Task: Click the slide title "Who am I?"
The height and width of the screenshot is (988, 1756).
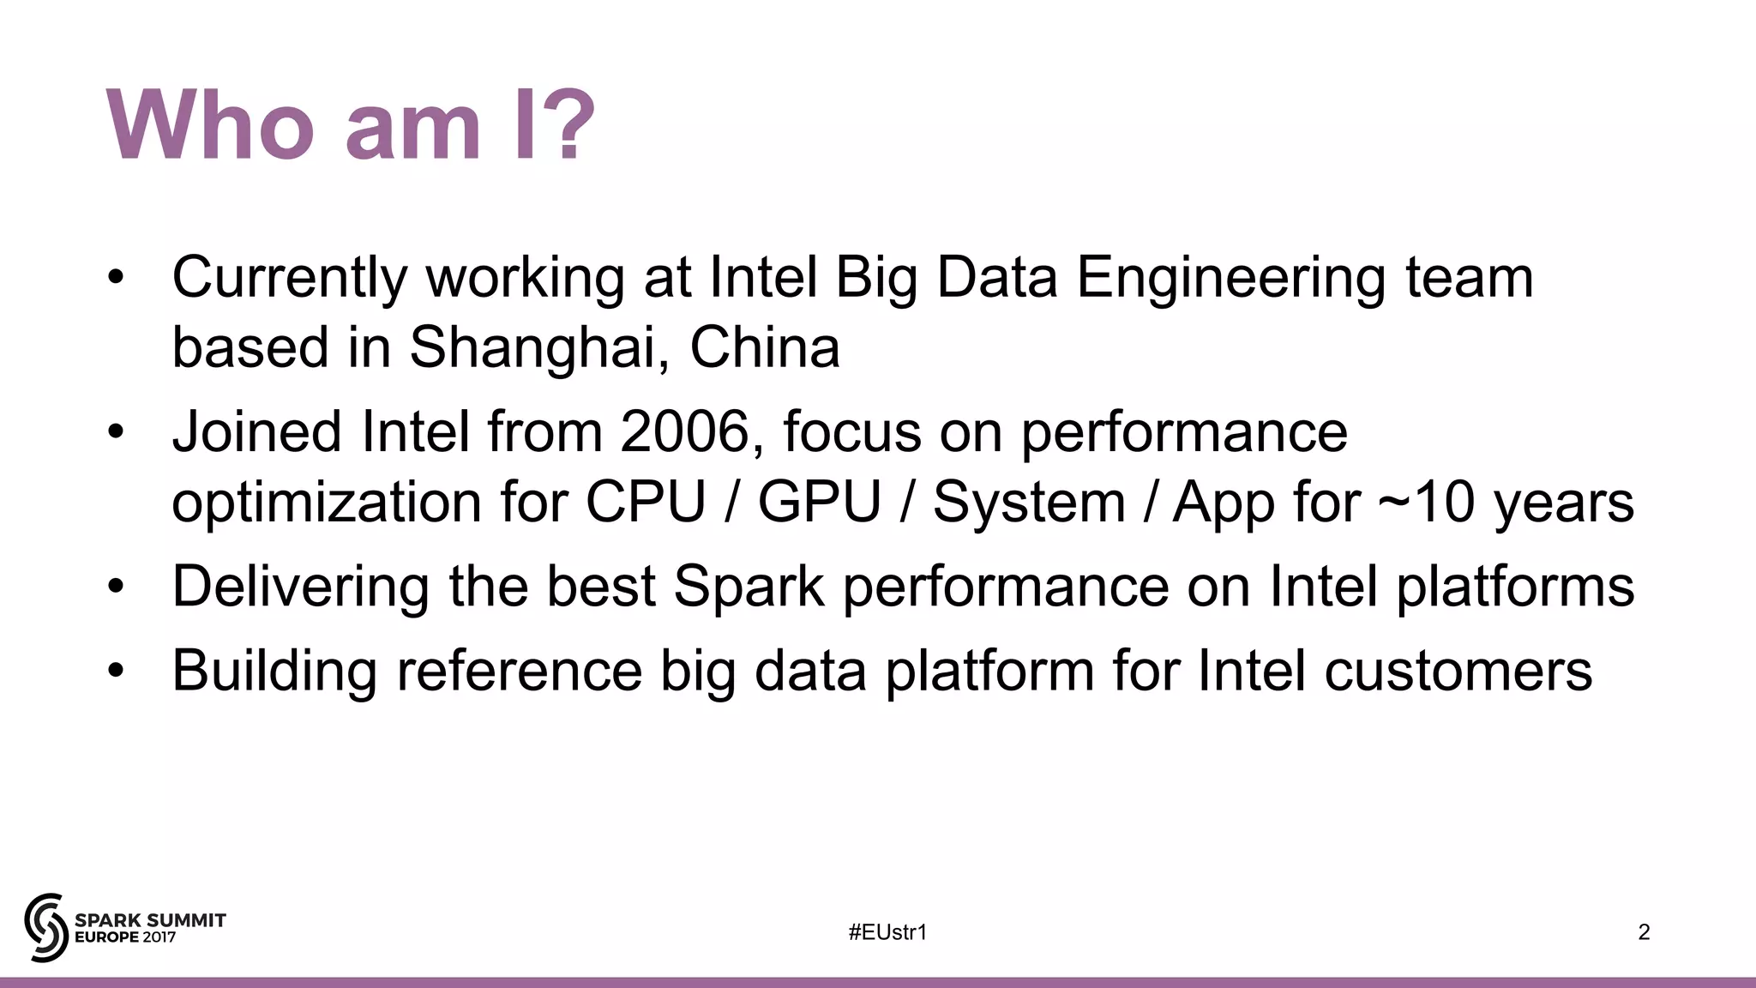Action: (x=350, y=125)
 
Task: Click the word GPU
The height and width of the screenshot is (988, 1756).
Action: (x=819, y=502)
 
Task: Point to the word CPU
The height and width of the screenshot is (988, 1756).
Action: (x=645, y=502)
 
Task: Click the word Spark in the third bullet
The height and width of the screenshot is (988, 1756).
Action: (x=748, y=587)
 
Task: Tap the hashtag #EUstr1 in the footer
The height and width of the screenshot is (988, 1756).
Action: (x=887, y=932)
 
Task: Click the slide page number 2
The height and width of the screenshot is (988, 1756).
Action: (x=1644, y=932)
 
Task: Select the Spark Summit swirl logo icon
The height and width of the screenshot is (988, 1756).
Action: (x=46, y=927)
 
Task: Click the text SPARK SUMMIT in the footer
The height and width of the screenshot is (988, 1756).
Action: (x=151, y=920)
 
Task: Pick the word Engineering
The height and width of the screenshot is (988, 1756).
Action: (x=1230, y=278)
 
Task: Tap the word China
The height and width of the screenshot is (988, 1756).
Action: (x=765, y=347)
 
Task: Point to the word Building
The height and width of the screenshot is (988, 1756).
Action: (x=274, y=671)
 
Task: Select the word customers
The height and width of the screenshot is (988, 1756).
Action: (x=1458, y=671)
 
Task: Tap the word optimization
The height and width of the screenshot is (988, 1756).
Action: (x=327, y=502)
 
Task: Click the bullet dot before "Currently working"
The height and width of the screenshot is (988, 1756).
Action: (x=117, y=278)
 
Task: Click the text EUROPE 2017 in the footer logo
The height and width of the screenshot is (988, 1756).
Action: (x=125, y=937)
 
